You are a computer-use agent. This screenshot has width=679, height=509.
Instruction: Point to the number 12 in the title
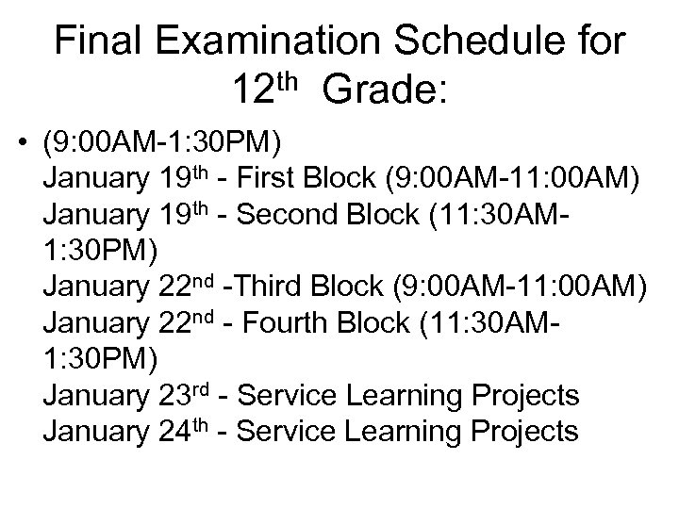coord(253,93)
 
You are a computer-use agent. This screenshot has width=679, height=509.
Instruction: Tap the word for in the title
coord(601,43)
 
